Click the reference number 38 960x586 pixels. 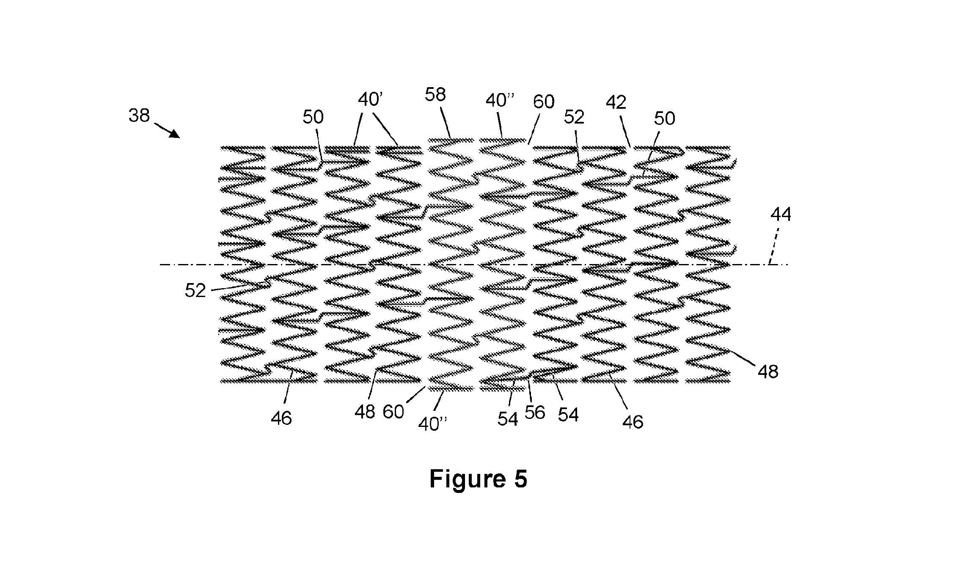coord(139,115)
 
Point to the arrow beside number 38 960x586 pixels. coord(167,130)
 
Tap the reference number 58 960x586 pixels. coord(435,94)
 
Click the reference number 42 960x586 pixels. coord(616,102)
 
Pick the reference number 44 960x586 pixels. coord(781,215)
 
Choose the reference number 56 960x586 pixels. coord(535,413)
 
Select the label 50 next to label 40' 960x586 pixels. coord(313,117)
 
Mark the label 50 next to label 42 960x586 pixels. coord(664,119)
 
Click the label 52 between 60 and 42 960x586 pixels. coord(574,117)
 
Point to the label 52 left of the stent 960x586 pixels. coord(195,291)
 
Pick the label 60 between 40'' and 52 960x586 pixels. coord(544,102)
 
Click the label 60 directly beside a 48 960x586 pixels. coord(393,412)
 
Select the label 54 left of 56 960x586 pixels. coord(508,419)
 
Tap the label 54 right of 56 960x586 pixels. coord(568,415)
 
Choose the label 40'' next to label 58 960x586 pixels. coord(500,101)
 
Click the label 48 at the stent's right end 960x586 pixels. coord(768,372)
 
